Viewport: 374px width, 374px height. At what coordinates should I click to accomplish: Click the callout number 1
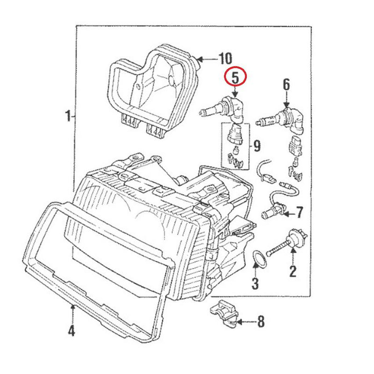click(x=67, y=115)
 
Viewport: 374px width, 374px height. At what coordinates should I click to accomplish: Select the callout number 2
click(x=293, y=271)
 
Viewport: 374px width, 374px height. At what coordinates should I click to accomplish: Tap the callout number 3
click(x=255, y=283)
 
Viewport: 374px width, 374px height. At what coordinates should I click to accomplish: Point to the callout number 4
click(x=71, y=331)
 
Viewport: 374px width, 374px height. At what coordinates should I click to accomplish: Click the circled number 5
click(x=235, y=78)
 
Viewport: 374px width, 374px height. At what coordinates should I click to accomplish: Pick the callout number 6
click(x=286, y=85)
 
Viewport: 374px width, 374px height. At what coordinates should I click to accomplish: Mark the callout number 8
click(x=261, y=321)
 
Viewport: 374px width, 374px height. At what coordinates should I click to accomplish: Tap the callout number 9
click(x=256, y=146)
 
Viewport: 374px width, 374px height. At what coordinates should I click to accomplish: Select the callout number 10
click(x=225, y=58)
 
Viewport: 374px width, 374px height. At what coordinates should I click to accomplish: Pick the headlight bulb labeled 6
click(x=280, y=118)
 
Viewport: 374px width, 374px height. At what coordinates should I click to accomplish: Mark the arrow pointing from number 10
click(x=204, y=59)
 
